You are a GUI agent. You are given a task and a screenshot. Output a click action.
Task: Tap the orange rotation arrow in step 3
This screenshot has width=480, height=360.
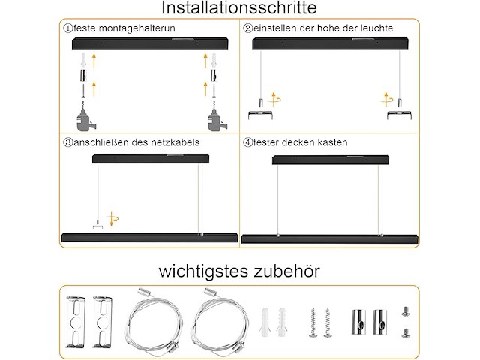(112, 219)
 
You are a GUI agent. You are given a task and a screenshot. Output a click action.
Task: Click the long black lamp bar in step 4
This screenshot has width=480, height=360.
(329, 240)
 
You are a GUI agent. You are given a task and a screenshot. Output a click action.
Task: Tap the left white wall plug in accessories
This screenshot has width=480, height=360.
(266, 321)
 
